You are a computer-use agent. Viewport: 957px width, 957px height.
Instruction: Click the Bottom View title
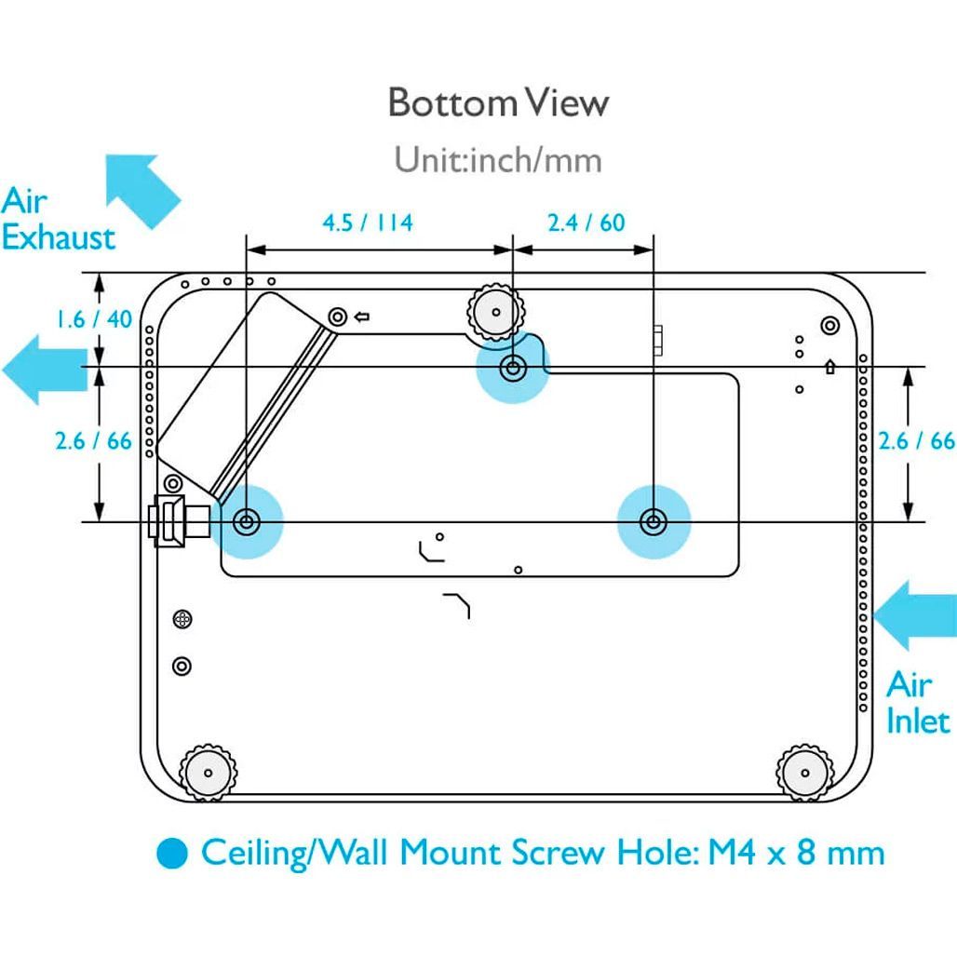click(x=499, y=102)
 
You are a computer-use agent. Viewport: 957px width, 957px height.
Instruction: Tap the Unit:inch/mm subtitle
click(x=498, y=159)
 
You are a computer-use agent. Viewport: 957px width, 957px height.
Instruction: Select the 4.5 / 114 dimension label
click(x=368, y=222)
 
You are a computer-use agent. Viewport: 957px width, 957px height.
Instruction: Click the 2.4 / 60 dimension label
click(x=586, y=222)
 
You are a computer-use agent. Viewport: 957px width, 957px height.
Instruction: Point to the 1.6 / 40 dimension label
click(x=94, y=318)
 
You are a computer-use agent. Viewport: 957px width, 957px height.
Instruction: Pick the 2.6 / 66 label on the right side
click(x=916, y=440)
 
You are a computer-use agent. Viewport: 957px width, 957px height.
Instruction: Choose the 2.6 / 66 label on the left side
click(x=93, y=440)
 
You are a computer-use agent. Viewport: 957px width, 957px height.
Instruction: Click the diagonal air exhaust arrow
click(x=142, y=191)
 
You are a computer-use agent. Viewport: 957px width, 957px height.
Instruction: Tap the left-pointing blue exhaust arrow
click(x=46, y=370)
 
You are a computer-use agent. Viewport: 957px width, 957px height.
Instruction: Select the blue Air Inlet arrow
click(x=914, y=615)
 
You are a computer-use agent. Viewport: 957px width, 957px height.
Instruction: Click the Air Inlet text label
click(x=918, y=703)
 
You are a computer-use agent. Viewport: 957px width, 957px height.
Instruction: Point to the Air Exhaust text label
click(x=58, y=219)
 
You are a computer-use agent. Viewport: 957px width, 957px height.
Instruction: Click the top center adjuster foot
click(x=495, y=313)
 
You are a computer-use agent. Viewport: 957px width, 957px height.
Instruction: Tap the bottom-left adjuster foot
click(x=208, y=773)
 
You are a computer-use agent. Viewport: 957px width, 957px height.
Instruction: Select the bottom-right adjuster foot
click(x=805, y=773)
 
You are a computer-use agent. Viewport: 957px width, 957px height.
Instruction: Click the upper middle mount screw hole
click(x=513, y=368)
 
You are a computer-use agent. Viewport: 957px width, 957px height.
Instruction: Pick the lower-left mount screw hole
click(x=247, y=522)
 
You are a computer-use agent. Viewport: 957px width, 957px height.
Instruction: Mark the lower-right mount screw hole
click(x=654, y=522)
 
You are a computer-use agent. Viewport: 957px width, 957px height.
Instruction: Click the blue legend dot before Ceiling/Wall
click(x=171, y=853)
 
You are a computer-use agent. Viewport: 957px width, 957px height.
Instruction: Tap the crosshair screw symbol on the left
click(x=182, y=619)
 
